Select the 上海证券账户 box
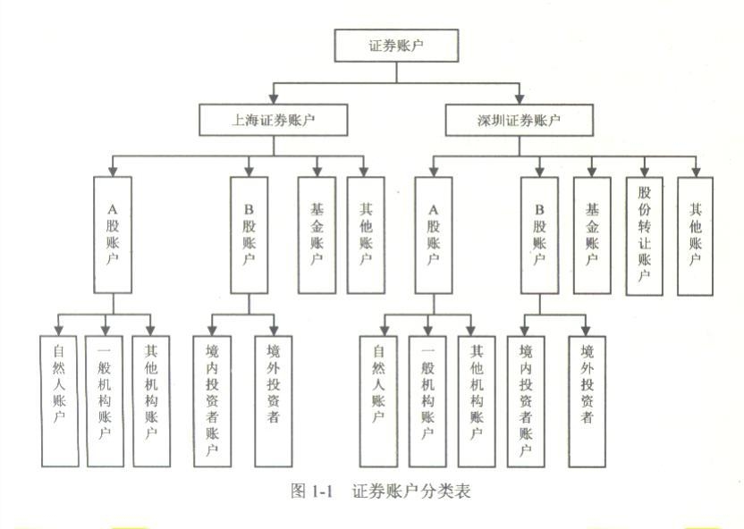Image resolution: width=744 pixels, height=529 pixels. click(273, 119)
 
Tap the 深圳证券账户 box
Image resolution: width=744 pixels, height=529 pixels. click(519, 119)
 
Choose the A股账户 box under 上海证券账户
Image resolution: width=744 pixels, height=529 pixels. click(112, 234)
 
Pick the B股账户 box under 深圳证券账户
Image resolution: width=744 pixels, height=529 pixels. click(539, 234)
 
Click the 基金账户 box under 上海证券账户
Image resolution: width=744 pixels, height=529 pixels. click(317, 234)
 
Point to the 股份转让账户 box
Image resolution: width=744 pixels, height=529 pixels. click(645, 234)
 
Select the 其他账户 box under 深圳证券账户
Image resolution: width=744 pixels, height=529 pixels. click(697, 234)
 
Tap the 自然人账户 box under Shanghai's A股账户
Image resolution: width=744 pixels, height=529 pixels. click(59, 400)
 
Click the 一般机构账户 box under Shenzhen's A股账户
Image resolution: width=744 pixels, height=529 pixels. click(427, 400)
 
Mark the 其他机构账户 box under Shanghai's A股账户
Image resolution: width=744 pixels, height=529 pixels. click(151, 400)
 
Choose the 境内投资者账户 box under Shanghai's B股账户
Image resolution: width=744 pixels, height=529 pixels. click(212, 400)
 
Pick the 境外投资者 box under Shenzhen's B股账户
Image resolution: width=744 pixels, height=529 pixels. click(587, 400)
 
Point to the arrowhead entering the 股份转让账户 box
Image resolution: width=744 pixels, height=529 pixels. click(645, 170)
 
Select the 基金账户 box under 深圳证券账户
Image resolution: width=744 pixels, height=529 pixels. click(591, 234)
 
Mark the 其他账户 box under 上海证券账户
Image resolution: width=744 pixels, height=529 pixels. click(366, 234)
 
